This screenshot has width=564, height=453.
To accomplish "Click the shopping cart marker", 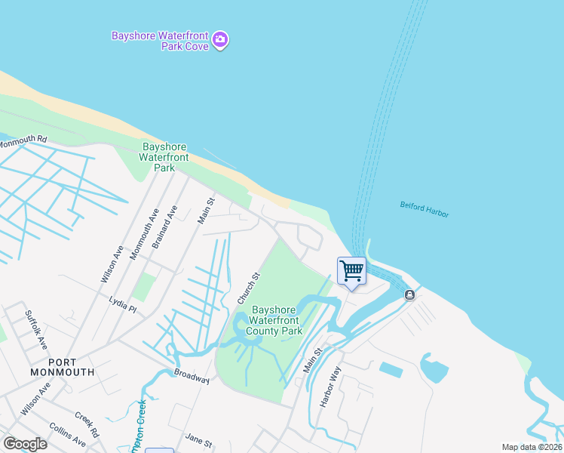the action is coord(351,270).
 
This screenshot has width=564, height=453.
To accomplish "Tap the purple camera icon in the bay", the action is coord(220,39).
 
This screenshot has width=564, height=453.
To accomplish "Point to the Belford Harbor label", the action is coord(424,209).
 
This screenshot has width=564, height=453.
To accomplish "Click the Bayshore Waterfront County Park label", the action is coord(277,320).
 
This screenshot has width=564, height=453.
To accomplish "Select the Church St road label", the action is coord(249,288).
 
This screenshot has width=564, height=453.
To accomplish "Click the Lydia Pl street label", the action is coord(121,304).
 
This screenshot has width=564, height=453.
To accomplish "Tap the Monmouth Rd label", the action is coord(23,140).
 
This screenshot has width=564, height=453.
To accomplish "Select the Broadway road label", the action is coord(191,375).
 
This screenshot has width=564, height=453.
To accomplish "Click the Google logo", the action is coord(25,444).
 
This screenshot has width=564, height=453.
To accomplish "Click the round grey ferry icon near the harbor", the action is coord(409,295).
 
